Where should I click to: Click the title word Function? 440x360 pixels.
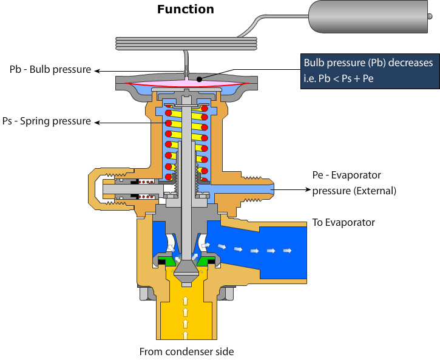(185, 9)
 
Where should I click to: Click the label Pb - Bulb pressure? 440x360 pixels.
(50, 69)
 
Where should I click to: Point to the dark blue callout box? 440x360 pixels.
(369, 71)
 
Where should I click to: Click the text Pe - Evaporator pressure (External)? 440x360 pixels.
(354, 183)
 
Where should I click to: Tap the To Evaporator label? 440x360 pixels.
(344, 222)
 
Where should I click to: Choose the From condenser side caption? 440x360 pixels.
(186, 352)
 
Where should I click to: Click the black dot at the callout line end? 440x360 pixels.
(200, 78)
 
